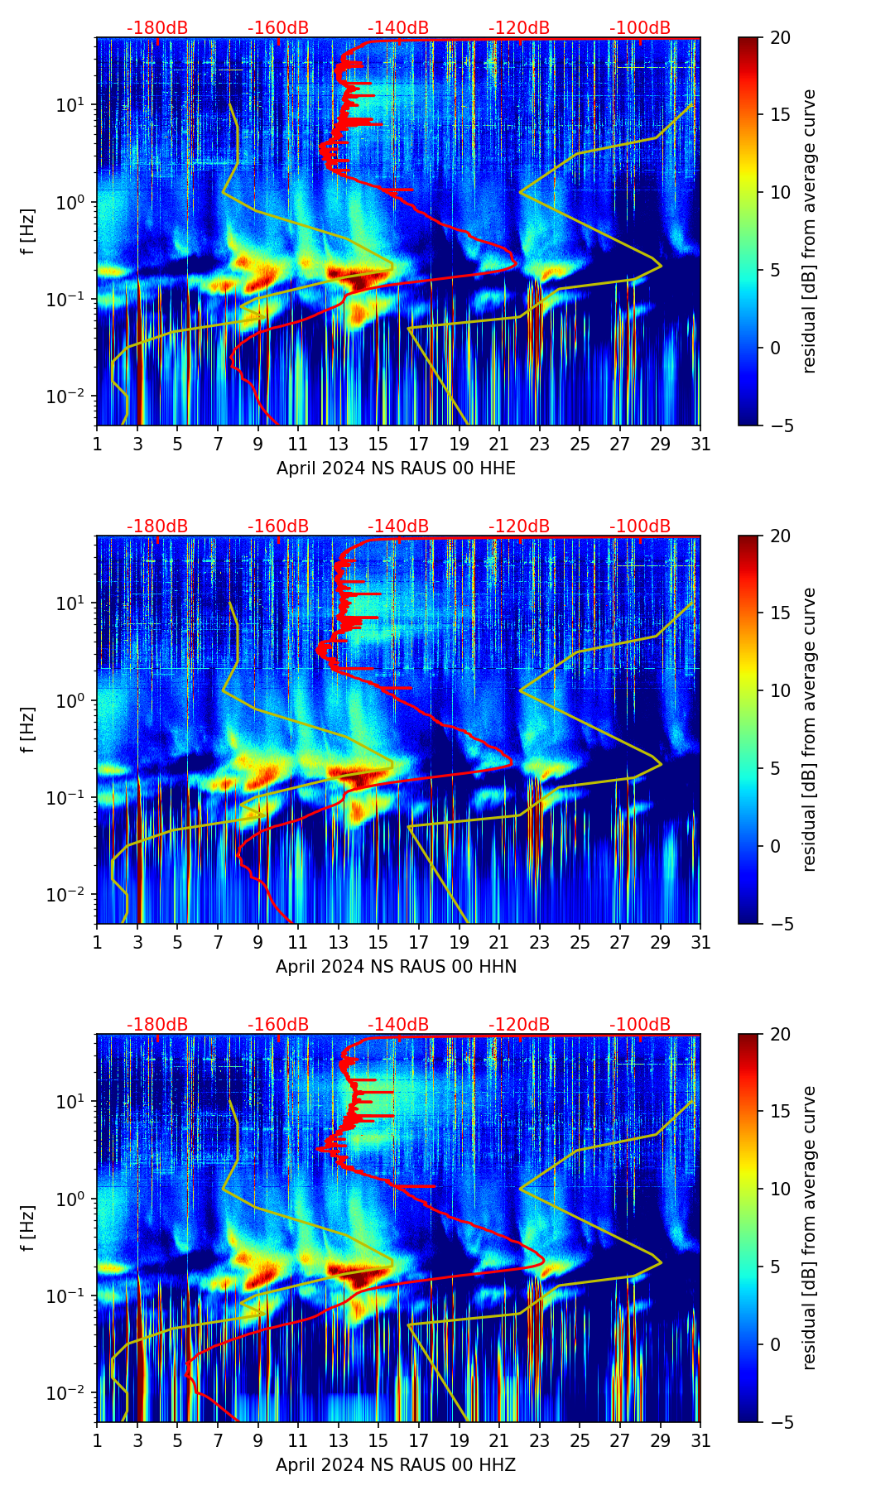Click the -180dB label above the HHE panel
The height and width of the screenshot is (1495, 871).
[x=157, y=28]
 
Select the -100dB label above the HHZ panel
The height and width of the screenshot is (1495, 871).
[x=640, y=1025]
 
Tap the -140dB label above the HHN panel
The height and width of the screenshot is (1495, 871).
[x=398, y=526]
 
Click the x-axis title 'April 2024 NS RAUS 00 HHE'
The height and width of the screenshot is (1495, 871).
[x=396, y=469]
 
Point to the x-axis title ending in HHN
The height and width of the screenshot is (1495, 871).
[x=396, y=967]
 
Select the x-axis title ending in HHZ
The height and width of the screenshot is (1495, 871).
[x=396, y=1465]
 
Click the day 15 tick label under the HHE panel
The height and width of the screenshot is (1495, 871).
[x=378, y=445]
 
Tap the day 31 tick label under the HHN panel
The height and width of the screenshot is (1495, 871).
[x=700, y=943]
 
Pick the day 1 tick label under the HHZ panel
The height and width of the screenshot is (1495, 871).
[x=97, y=1441]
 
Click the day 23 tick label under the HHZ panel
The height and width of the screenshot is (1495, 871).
[x=539, y=1441]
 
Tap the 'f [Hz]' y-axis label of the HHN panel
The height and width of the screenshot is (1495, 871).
[x=29, y=729]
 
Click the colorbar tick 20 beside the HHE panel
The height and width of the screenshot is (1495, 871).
[x=779, y=38]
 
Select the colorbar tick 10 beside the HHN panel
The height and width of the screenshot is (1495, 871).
[x=779, y=691]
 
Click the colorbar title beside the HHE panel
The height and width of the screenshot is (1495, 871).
[x=810, y=231]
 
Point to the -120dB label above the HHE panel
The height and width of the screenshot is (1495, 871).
[x=519, y=28]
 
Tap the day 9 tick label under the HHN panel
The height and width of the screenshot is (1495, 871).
[x=257, y=943]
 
